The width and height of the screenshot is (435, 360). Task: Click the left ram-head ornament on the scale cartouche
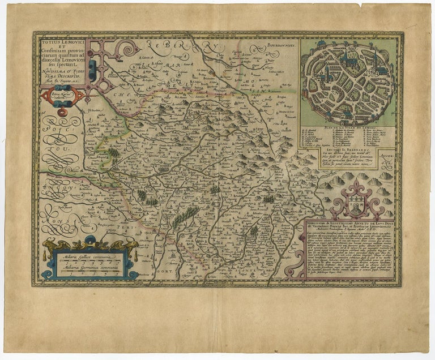[51, 245]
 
